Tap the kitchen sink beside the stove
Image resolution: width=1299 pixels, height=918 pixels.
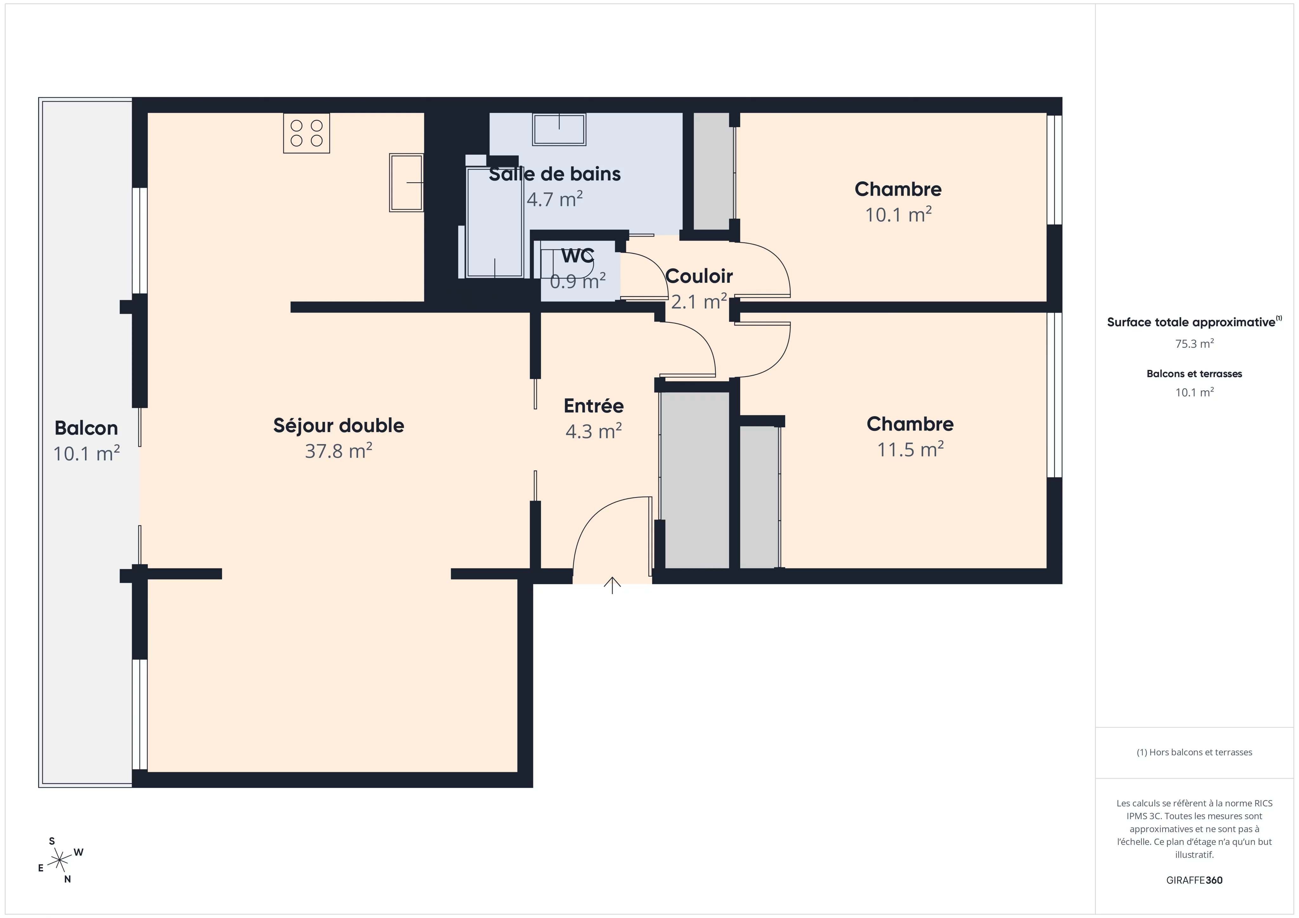tap(406, 183)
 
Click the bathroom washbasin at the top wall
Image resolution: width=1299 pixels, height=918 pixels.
tap(559, 129)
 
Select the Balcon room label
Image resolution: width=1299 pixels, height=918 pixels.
tap(86, 428)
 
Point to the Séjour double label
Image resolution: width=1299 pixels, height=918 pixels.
tap(338, 425)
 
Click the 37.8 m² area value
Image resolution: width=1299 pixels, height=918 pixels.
tap(338, 451)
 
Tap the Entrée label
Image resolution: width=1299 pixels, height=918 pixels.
tap(593, 405)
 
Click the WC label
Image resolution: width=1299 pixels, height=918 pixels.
tap(578, 256)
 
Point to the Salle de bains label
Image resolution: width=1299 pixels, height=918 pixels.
tap(554, 174)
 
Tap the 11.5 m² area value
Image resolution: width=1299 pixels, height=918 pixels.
tap(910, 449)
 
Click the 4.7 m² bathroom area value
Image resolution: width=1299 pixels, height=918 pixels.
tap(554, 199)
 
